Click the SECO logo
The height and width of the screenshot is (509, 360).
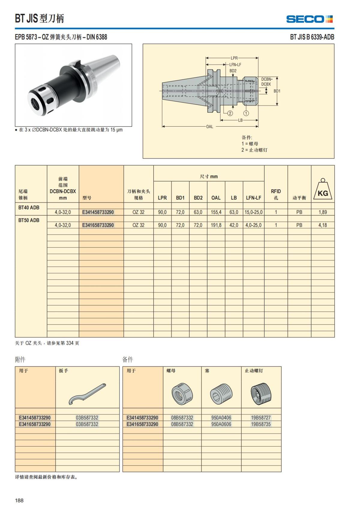coord(309,19)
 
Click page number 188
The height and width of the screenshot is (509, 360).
coord(19,500)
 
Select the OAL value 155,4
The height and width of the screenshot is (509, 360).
coord(216,212)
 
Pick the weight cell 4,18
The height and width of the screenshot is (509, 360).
coord(322,225)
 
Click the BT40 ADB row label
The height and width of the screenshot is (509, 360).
coord(29,207)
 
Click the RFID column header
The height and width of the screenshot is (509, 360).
coord(276,191)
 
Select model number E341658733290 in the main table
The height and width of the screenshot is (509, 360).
coord(98,225)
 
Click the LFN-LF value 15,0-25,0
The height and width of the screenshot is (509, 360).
coord(253,212)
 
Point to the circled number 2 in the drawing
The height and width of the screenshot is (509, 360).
coord(230,113)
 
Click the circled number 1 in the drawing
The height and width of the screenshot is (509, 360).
coord(246,113)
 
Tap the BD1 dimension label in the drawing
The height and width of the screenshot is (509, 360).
coord(277,91)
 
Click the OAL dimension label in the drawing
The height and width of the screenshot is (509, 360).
coord(209,127)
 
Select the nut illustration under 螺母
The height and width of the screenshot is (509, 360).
coord(182,394)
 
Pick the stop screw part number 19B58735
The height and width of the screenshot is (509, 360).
coord(261,424)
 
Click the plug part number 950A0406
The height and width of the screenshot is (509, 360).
coord(221,418)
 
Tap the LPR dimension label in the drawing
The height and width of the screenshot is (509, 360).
coord(234,58)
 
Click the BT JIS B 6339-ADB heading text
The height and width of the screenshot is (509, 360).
coord(312,37)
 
